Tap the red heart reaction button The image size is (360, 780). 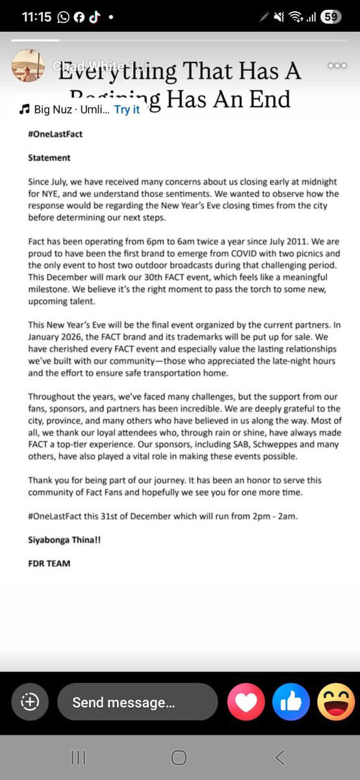[246, 702]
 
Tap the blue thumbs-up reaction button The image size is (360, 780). [291, 702]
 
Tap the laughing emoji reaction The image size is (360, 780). [336, 702]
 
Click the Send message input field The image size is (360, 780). [137, 702]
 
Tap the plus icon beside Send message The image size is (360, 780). [31, 702]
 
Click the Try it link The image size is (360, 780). [127, 109]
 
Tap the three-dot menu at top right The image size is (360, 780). [337, 65]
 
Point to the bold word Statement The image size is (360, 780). [49, 157]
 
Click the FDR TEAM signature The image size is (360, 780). [49, 563]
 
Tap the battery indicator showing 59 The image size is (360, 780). [331, 17]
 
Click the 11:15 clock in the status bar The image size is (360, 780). [36, 18]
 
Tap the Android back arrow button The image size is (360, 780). [280, 757]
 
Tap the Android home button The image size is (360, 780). [179, 757]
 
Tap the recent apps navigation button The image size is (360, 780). [78, 757]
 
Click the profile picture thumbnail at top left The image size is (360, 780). [28, 65]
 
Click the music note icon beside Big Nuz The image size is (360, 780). [25, 109]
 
